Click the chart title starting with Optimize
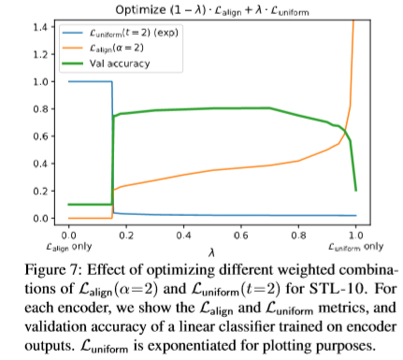[210, 8]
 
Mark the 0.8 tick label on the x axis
[298, 237]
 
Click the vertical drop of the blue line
[112, 150]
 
